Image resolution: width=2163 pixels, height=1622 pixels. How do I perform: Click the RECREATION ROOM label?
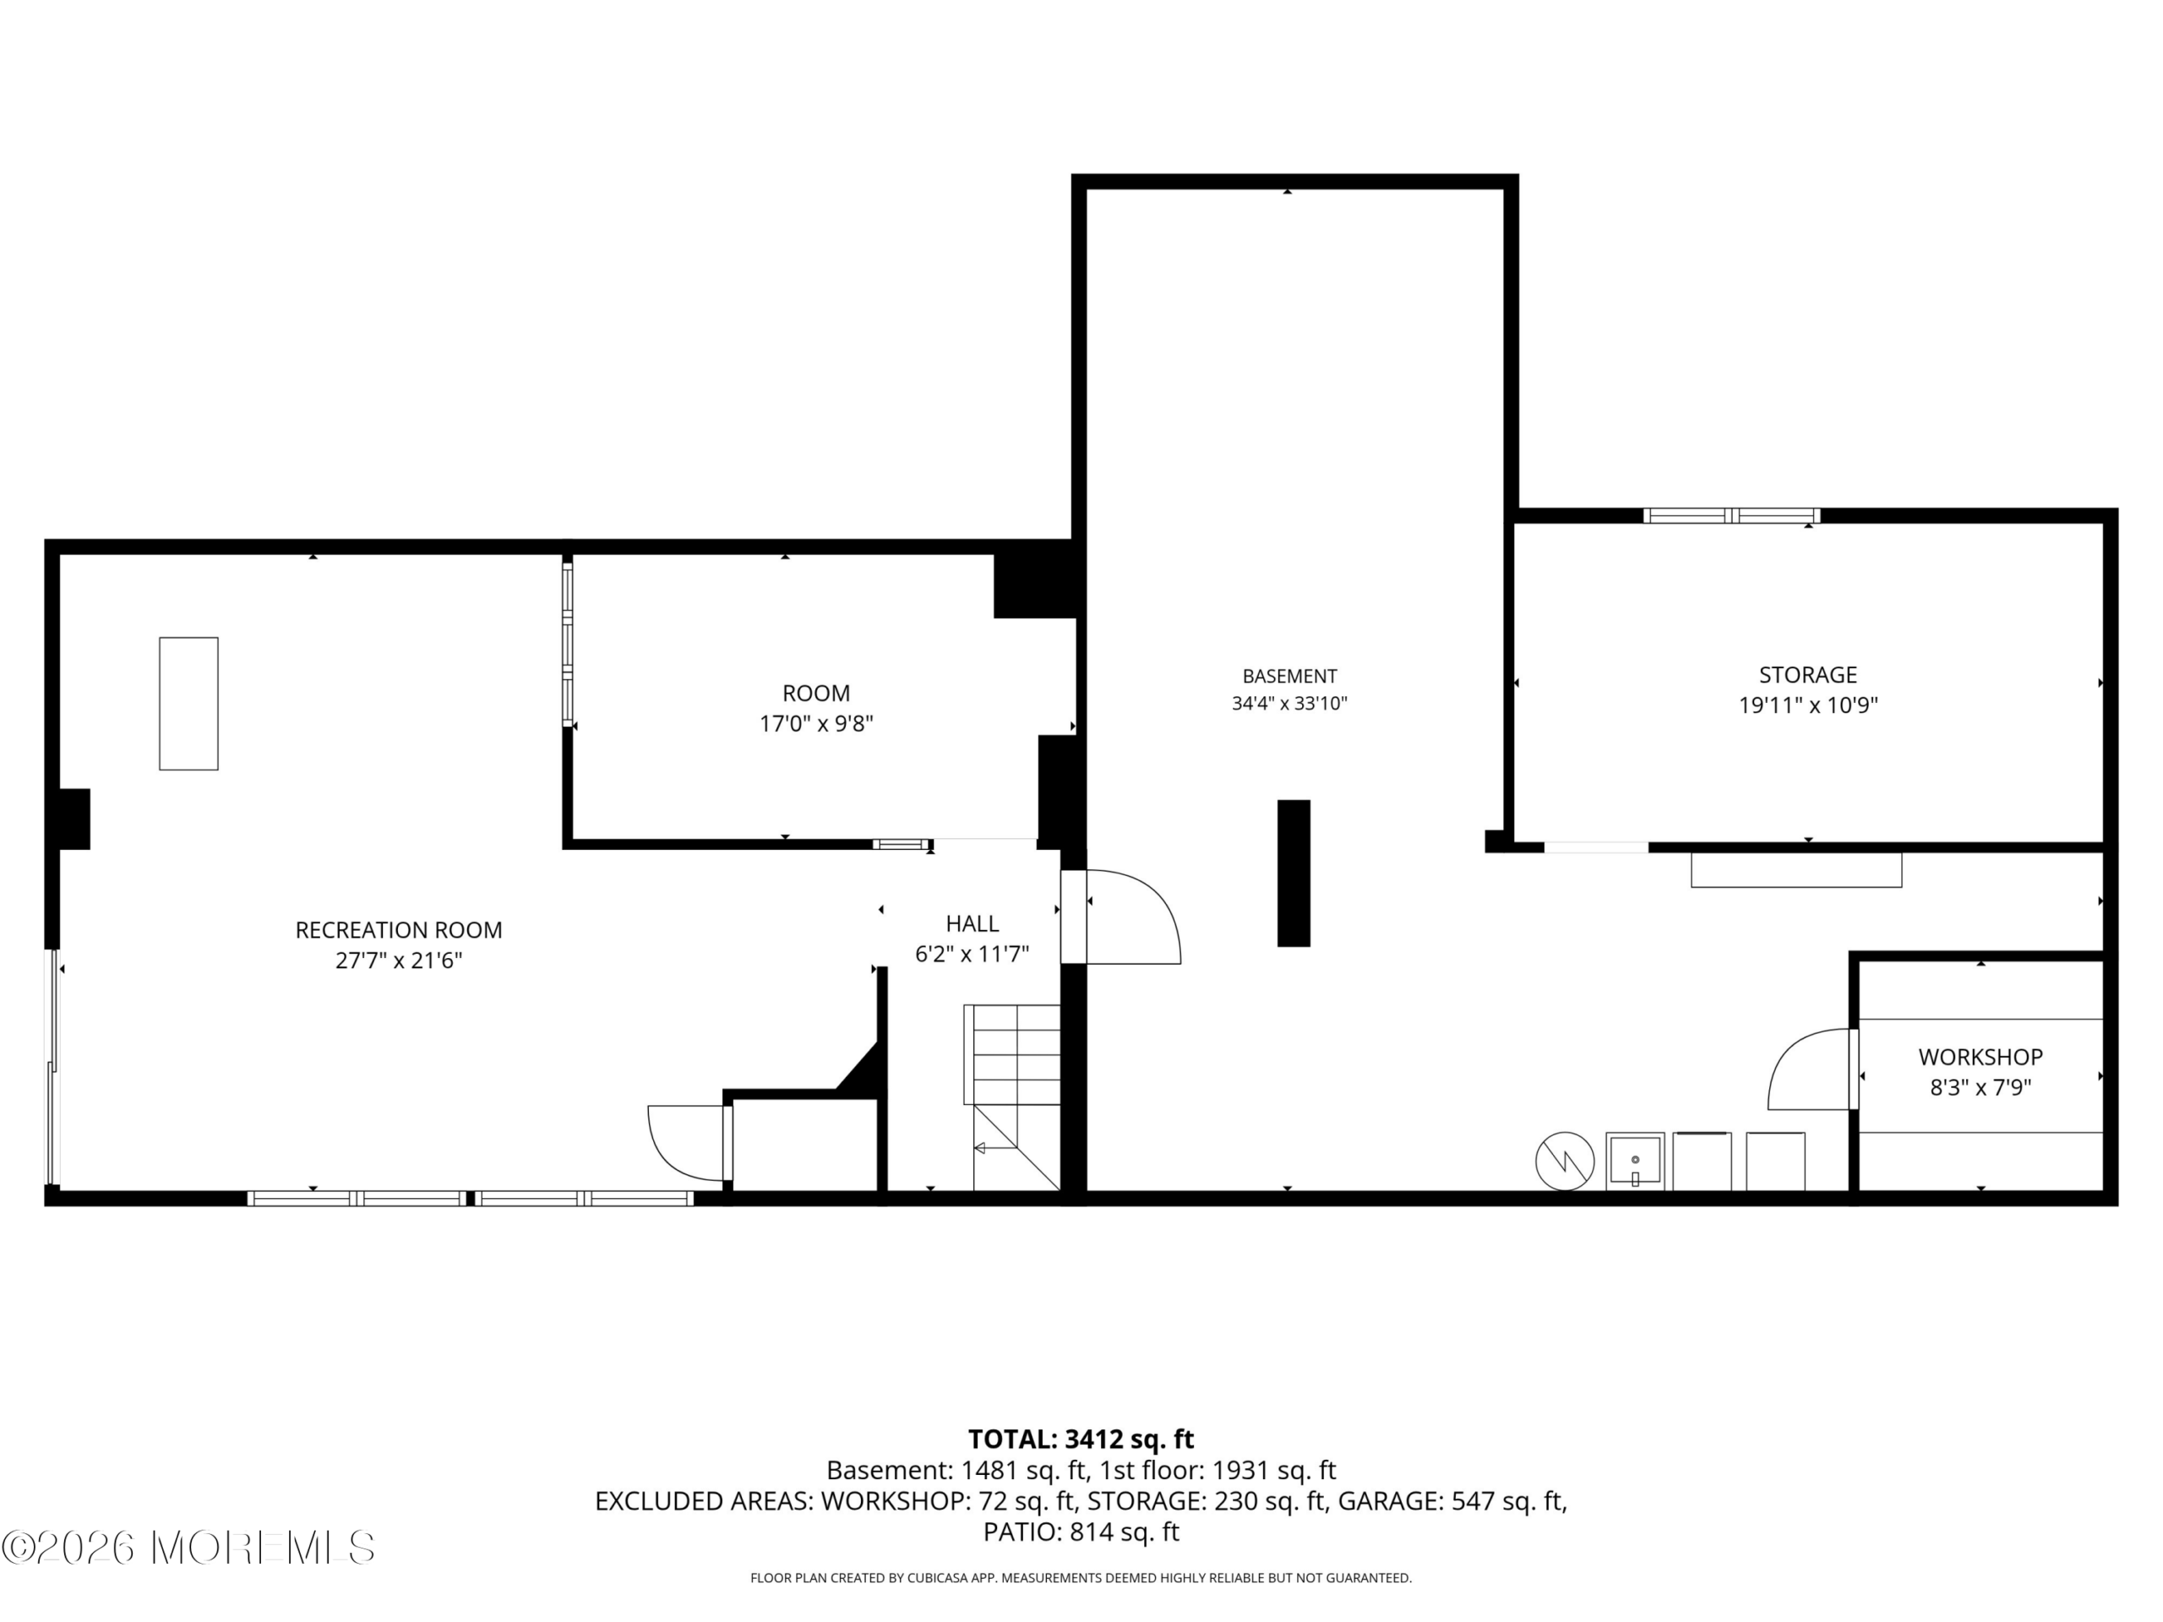399,930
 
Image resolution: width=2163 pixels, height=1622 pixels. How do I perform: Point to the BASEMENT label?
1290,676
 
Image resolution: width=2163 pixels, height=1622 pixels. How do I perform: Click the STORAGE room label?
1808,675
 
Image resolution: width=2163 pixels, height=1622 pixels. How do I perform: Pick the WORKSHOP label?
1980,1057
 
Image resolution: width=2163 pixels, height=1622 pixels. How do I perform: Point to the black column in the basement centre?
1294,873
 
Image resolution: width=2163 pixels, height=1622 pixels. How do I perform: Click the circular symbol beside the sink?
1565,1161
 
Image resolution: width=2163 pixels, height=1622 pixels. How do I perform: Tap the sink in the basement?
1635,1162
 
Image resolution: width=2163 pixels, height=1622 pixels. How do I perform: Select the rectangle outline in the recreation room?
188,704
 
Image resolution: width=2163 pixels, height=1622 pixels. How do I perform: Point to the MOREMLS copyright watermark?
188,1548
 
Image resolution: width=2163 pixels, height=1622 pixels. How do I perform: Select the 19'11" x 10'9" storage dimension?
1808,705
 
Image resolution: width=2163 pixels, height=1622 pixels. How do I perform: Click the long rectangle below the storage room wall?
1796,870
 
